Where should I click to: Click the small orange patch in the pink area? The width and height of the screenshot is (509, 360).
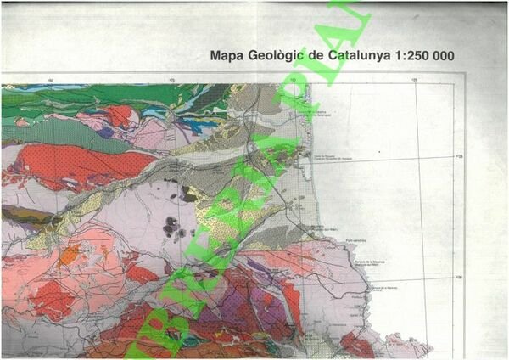tap(70, 253)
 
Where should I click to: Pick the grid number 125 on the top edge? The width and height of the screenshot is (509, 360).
tap(415, 81)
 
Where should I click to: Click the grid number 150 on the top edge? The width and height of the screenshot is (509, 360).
tap(52, 81)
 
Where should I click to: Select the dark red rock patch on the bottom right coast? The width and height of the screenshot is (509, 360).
tap(357, 344)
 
